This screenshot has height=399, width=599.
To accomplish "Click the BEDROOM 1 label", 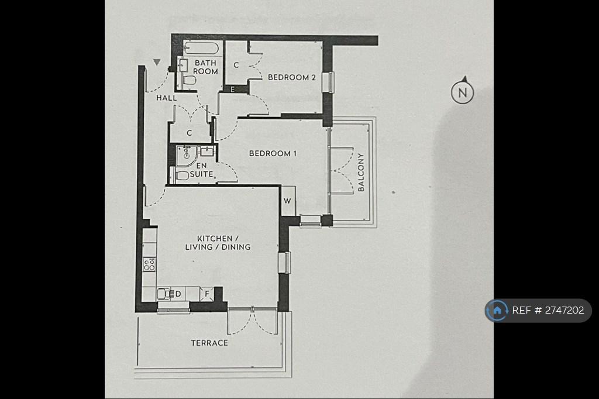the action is (x=273, y=153).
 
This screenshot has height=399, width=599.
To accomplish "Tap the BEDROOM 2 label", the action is (x=292, y=77).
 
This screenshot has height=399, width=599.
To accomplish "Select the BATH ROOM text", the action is (x=205, y=67).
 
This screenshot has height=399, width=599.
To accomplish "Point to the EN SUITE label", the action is (x=201, y=170).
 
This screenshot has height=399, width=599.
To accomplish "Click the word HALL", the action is (x=167, y=98).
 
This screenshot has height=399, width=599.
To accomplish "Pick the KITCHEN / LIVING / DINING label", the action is (x=218, y=243).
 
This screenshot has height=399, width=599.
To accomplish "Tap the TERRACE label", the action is (x=209, y=343).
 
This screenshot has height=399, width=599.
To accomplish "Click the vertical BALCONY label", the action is (x=361, y=172).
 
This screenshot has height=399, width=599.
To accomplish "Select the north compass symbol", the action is (x=462, y=91).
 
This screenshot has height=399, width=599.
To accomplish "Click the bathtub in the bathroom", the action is (x=201, y=49).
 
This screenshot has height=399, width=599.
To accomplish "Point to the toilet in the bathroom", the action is (x=188, y=81).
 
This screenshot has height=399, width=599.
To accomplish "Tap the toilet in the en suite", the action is (x=182, y=176).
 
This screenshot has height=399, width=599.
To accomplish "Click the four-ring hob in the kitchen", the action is (x=149, y=264).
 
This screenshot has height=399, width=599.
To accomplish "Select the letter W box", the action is (x=288, y=201).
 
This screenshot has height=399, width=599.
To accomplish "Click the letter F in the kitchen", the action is (x=207, y=294).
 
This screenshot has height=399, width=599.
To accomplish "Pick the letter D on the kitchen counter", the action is (x=178, y=294).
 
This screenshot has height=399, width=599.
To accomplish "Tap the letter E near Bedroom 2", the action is (x=233, y=90).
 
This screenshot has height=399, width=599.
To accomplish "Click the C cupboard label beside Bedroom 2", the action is (x=236, y=66).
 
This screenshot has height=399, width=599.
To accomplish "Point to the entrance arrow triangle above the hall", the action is (x=157, y=62).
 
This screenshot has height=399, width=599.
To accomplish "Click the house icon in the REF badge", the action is (x=497, y=310).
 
